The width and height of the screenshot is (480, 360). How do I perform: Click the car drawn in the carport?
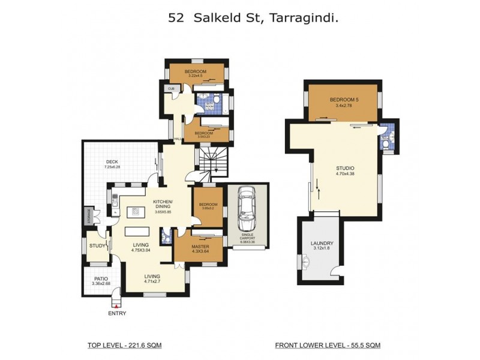click(245, 208)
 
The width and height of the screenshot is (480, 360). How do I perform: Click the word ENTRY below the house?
click(116, 313)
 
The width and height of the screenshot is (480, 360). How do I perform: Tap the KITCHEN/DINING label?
click(163, 204)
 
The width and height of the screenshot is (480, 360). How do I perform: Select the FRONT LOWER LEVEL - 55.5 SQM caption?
click(327, 345)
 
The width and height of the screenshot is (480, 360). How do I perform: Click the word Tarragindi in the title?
click(302, 18)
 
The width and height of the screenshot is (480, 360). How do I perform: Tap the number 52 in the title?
click(176, 18)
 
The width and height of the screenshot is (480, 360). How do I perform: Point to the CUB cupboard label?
click(171, 89)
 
